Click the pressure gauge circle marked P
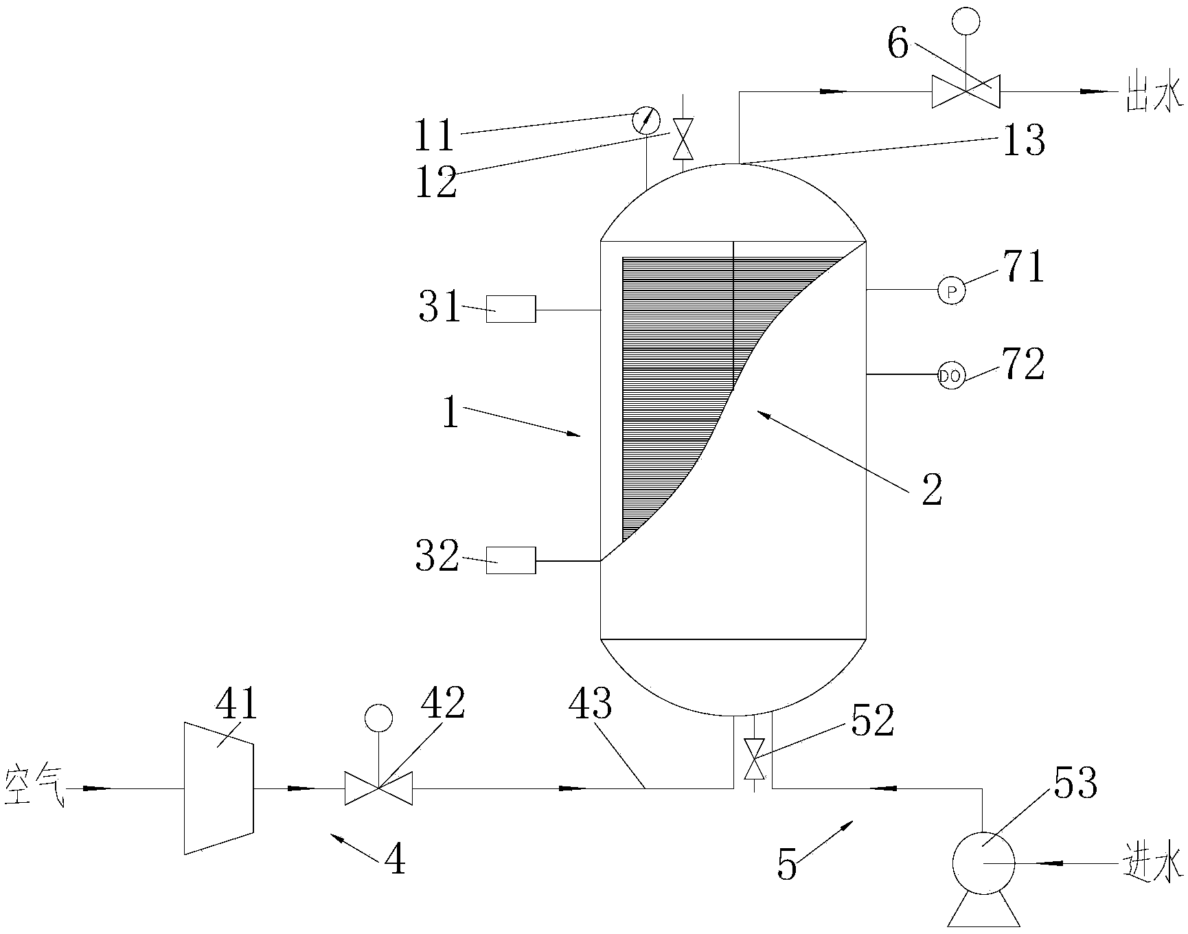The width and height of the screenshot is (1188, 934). tap(952, 291)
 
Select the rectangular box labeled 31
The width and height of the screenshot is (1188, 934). tap(511, 308)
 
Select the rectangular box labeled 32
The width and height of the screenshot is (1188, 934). tap(511, 560)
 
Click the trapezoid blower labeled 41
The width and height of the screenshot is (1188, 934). tap(219, 788)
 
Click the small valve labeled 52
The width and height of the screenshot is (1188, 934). tap(755, 758)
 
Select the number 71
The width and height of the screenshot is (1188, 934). tap(1023, 268)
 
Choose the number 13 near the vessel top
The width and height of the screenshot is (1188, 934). tap(1024, 141)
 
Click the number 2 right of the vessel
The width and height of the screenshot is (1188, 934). tap(932, 490)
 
